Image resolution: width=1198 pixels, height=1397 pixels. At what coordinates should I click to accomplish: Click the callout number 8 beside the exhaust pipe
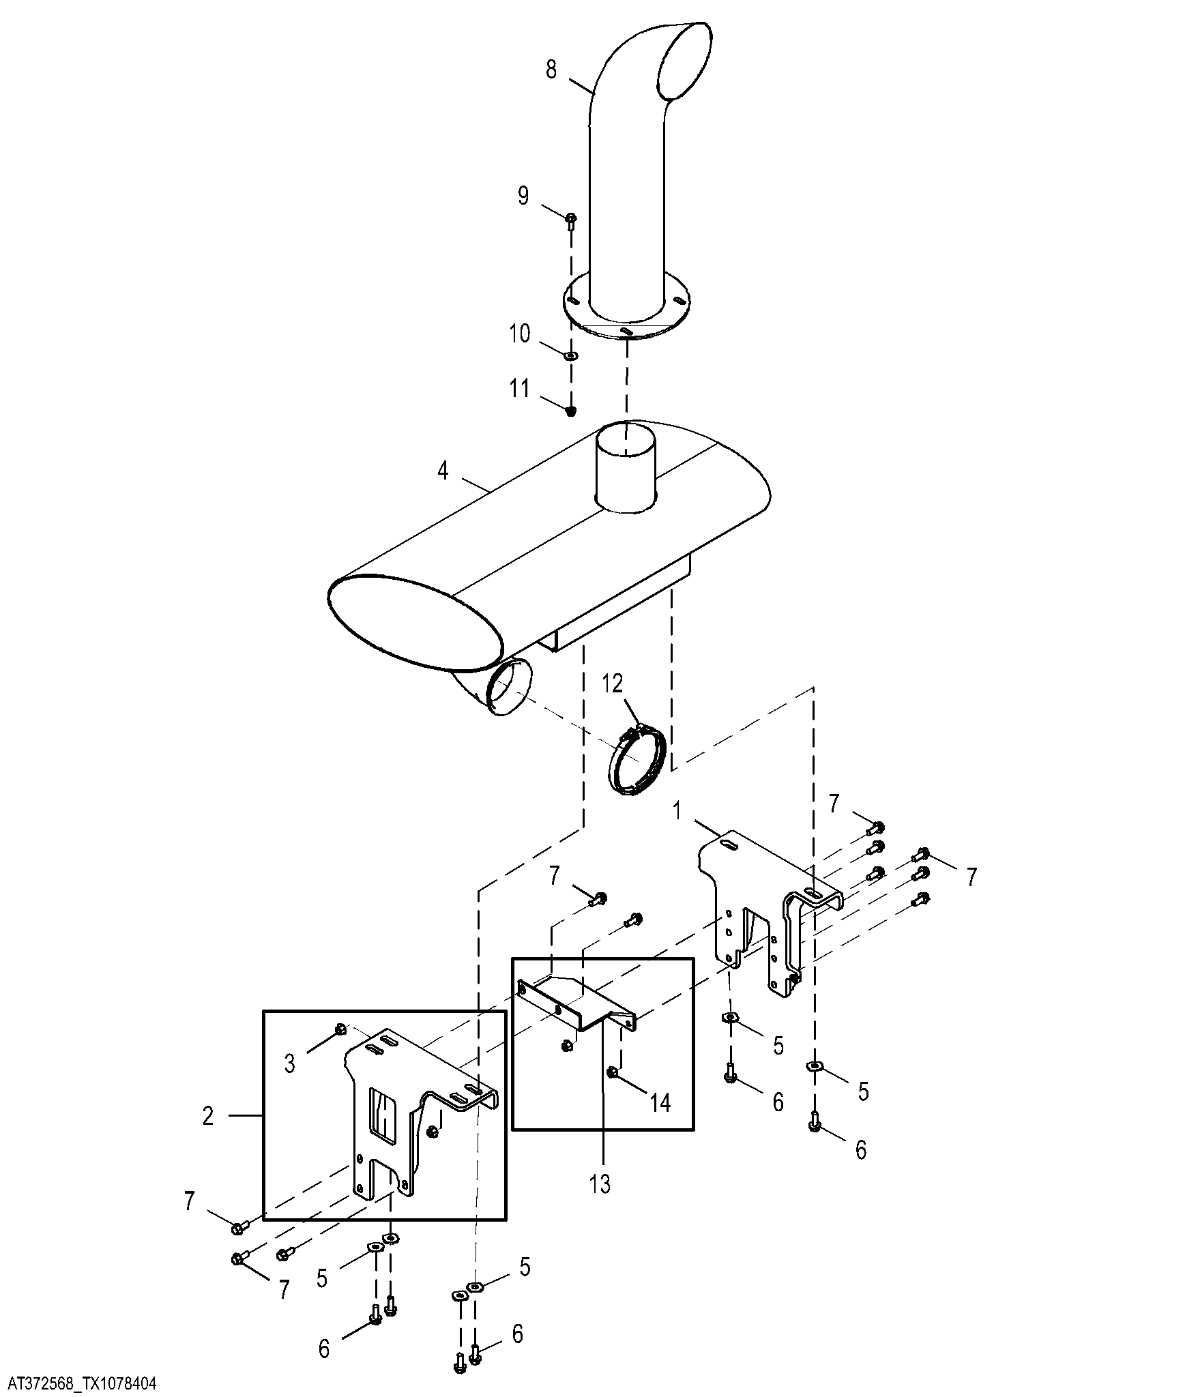(x=551, y=70)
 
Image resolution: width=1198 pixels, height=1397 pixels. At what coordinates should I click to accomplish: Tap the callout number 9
(x=523, y=196)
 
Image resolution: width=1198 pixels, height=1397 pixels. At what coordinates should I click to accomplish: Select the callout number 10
(x=520, y=334)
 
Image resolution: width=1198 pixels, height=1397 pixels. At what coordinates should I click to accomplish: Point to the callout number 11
(x=520, y=389)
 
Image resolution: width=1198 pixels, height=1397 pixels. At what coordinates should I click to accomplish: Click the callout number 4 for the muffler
(x=443, y=470)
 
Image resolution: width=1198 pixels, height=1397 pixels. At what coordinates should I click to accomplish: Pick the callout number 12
(x=613, y=683)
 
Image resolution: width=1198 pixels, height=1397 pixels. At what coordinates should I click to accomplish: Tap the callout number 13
(x=600, y=1184)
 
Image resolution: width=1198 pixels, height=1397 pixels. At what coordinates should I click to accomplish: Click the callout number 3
(x=290, y=1063)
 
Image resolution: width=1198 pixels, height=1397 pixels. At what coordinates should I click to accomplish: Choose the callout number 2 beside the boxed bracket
(x=208, y=1116)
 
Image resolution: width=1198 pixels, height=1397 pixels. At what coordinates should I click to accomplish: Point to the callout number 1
(x=677, y=811)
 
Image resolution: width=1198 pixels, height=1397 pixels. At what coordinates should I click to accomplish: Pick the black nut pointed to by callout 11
(x=572, y=409)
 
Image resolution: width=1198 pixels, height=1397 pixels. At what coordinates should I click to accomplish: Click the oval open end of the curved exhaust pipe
(x=684, y=61)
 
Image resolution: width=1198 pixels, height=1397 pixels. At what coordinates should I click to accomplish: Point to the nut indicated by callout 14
(x=613, y=1073)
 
